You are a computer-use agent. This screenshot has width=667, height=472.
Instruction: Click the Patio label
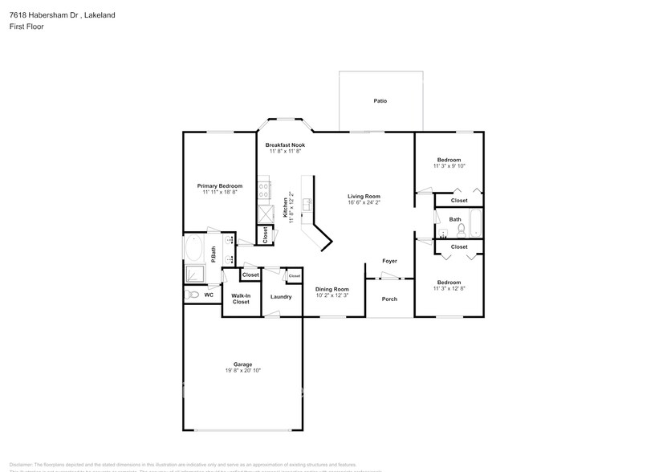pyautogui.click(x=380, y=101)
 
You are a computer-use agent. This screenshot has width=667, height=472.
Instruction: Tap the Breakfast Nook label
pyautogui.click(x=285, y=144)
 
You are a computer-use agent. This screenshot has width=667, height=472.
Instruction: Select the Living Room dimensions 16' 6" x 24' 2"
pyautogui.click(x=364, y=203)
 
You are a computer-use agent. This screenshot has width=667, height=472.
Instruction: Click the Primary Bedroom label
pyautogui.click(x=219, y=185)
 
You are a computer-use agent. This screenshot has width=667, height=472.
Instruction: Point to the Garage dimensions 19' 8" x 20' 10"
pyautogui.click(x=242, y=371)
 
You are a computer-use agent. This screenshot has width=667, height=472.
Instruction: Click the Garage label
pyautogui.click(x=242, y=364)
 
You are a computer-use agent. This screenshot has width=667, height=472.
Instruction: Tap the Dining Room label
pyautogui.click(x=331, y=289)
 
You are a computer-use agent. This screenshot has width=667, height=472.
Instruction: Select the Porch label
pyautogui.click(x=389, y=299)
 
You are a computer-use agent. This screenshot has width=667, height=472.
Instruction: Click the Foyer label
pyautogui.click(x=389, y=261)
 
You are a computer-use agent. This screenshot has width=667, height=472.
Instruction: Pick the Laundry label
pyautogui.click(x=281, y=296)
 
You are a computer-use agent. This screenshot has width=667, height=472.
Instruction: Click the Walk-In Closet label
pyautogui.click(x=241, y=299)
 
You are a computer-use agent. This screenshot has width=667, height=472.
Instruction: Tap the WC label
pyautogui.click(x=209, y=295)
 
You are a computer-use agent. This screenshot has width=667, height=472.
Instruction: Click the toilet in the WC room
pyautogui.click(x=192, y=295)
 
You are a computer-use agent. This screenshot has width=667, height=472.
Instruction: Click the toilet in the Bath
pyautogui.click(x=461, y=229)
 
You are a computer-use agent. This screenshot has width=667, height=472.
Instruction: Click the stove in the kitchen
pyautogui.click(x=263, y=190)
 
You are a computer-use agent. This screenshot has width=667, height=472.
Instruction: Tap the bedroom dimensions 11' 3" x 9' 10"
pyautogui.click(x=449, y=166)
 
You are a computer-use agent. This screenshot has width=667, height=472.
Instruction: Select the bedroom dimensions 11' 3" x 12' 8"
pyautogui.click(x=449, y=289)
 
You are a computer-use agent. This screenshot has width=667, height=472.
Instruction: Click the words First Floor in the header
pyautogui.click(x=26, y=26)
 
